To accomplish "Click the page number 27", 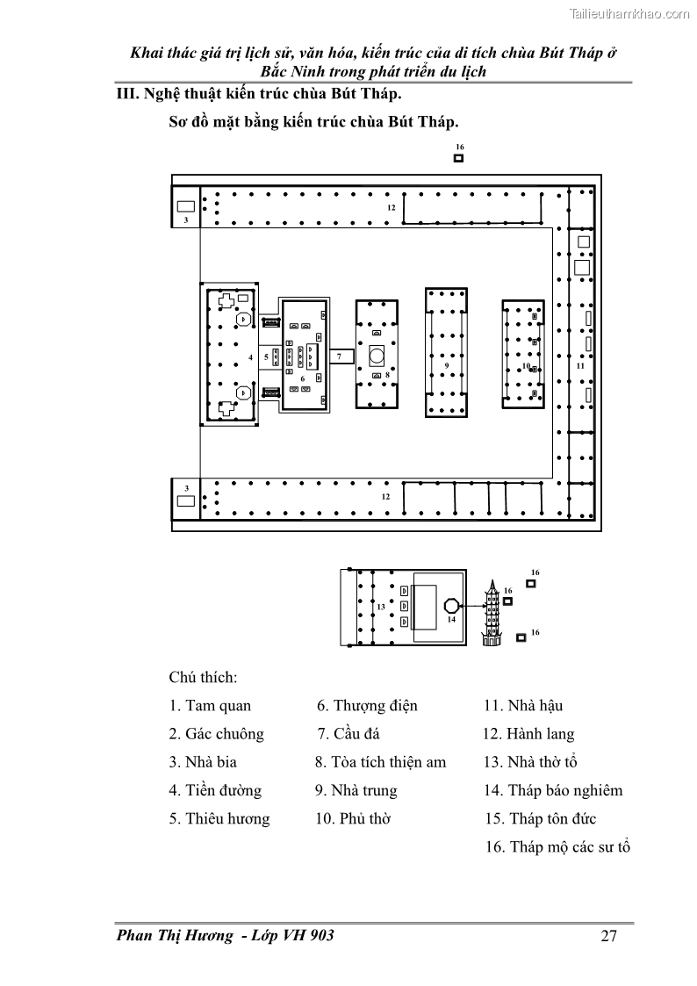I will tap(609, 936).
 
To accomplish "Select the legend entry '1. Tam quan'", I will tap(210, 705).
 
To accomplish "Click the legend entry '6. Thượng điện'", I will tap(367, 705).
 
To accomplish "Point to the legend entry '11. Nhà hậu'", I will tap(523, 705).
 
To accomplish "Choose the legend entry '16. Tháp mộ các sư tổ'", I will tap(557, 847).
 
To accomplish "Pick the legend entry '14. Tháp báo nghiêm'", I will tap(553, 790).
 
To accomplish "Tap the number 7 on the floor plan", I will tap(339, 357).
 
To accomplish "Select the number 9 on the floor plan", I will tap(447, 364).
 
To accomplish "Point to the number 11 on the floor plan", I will tap(580, 364).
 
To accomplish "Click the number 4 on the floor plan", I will tap(250, 357).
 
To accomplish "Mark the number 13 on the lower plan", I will tap(381, 607).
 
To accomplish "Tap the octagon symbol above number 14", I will tap(450, 605).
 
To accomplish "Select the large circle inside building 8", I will tap(377, 356).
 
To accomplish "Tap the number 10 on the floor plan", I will tap(526, 366).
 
